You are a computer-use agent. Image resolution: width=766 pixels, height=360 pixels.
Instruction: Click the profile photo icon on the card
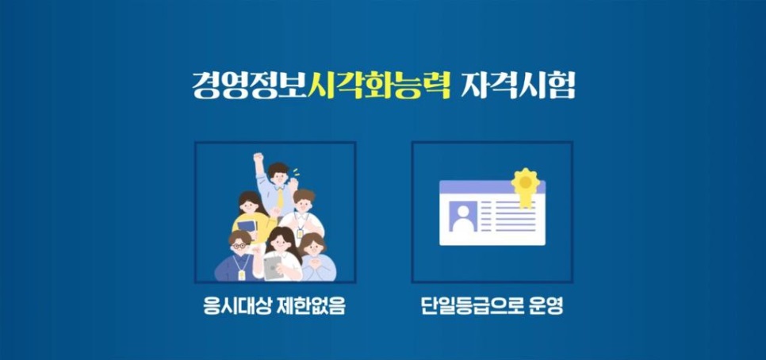(462, 216)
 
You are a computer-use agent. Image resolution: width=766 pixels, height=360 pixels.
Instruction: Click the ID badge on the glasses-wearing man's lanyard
(241, 274)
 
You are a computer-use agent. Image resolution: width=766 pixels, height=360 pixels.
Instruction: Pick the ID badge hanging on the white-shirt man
(300, 232)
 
